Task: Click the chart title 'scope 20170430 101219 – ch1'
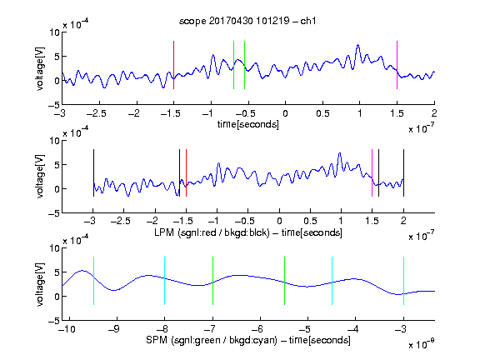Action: [247, 21]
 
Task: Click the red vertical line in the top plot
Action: [173, 65]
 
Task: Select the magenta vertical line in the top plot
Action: [397, 65]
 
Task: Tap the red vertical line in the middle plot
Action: [186, 173]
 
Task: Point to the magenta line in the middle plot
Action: [372, 173]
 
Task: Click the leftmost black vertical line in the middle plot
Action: [93, 173]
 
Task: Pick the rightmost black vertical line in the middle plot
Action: [403, 173]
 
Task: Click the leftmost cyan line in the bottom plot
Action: [93, 281]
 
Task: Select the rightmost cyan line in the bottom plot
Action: [403, 281]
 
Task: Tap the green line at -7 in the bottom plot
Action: [212, 281]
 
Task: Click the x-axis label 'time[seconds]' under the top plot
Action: [248, 124]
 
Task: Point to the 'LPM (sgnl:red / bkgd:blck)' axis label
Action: [212, 232]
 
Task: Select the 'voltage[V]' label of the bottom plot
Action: [39, 284]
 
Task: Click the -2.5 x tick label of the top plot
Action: [97, 113]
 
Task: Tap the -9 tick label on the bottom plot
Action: [114, 329]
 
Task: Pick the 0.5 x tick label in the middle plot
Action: [310, 221]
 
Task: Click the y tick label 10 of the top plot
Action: [54, 32]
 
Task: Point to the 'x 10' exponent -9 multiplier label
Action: [422, 344]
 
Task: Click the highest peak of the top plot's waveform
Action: [357, 45]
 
